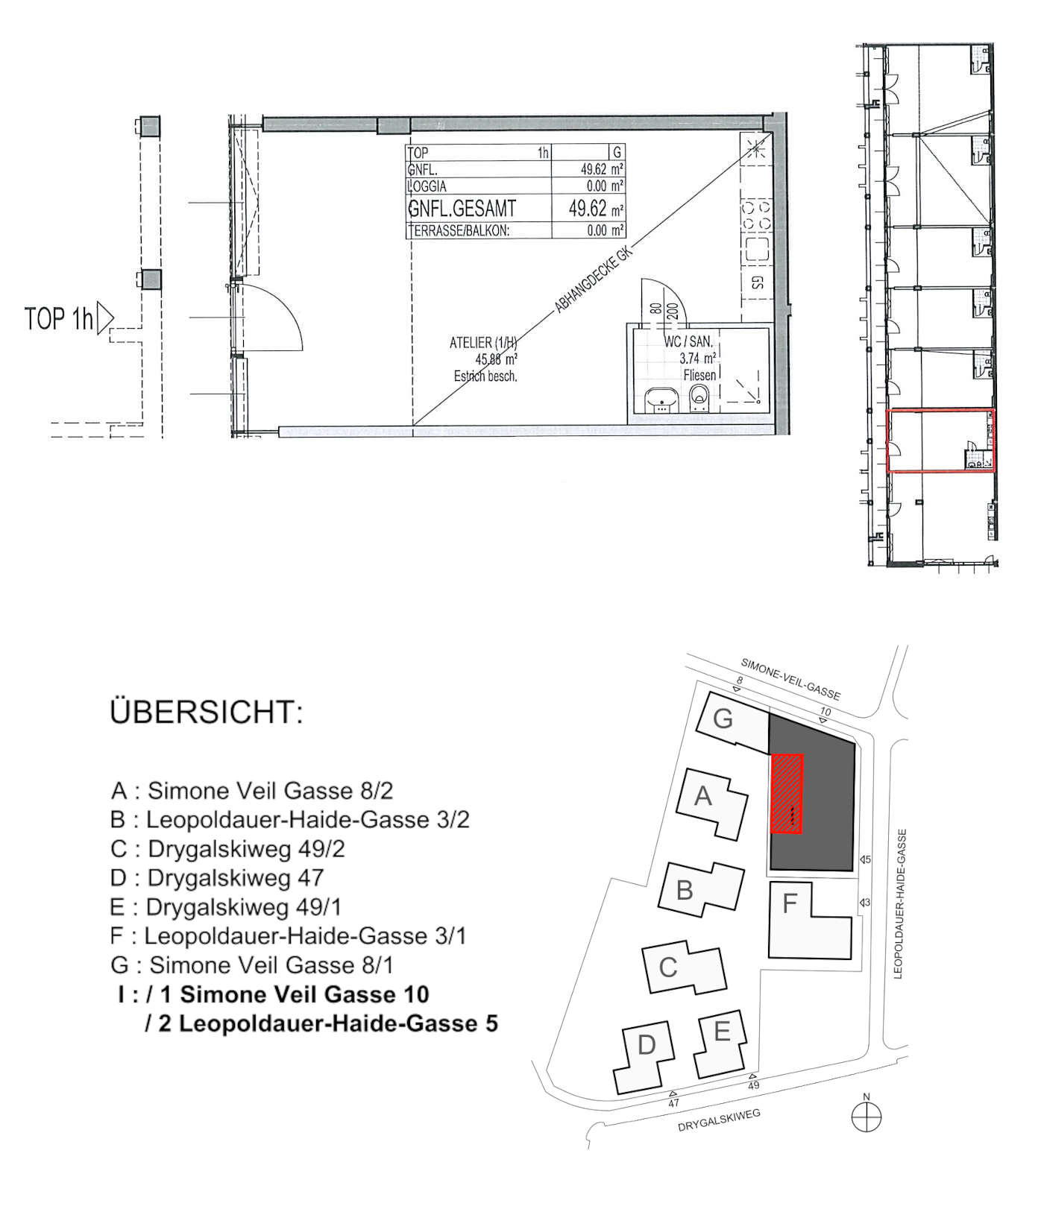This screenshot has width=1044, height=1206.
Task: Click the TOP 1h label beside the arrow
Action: [x=60, y=319]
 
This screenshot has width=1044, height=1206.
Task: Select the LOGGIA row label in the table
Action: [x=427, y=186]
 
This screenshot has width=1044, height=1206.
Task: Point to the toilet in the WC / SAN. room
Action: [x=699, y=397]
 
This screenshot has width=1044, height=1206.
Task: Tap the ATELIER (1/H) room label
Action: [x=483, y=343]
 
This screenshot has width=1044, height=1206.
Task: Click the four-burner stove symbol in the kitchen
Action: [x=756, y=215]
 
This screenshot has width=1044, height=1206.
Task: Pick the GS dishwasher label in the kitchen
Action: [x=757, y=282]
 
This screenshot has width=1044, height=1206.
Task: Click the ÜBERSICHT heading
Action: [x=207, y=713]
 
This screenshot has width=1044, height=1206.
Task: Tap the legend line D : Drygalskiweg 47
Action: [x=217, y=878]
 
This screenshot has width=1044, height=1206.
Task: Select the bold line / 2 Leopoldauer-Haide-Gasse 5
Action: [x=321, y=1023]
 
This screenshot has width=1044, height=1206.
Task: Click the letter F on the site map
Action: [x=790, y=904]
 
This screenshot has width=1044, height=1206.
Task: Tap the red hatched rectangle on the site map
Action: [x=786, y=794]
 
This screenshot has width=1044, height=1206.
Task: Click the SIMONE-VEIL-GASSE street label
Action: [x=790, y=679]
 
